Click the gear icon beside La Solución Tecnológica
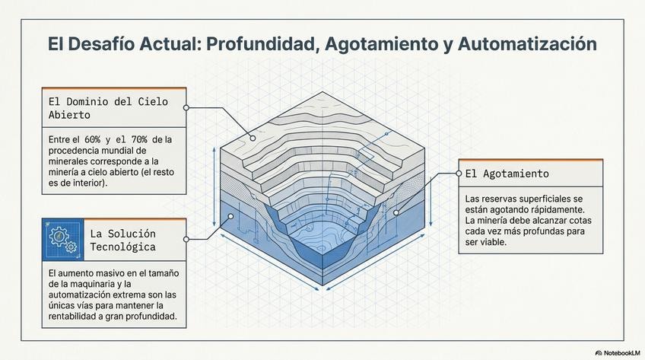[60, 240]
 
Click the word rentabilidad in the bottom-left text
[75, 316]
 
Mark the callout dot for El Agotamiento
[459, 174]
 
